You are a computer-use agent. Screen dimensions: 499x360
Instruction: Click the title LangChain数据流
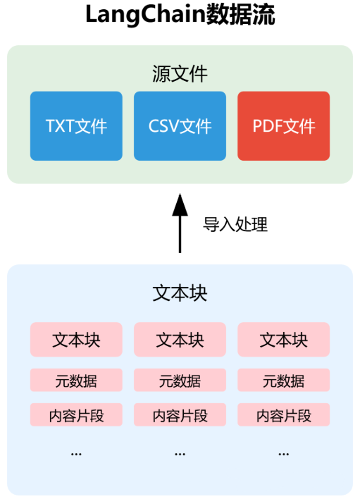180,16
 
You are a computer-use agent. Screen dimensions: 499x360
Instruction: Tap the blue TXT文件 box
76,126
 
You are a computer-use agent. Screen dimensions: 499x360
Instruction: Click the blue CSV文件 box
180,126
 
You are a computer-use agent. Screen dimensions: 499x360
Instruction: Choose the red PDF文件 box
283,126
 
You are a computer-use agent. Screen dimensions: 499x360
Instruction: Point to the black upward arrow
180,222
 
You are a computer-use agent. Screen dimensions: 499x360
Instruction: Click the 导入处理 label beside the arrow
235,225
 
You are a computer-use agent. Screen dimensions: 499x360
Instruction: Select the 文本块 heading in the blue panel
180,293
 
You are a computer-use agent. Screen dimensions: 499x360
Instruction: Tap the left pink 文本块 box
76,340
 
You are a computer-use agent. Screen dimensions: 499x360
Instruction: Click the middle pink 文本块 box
180,340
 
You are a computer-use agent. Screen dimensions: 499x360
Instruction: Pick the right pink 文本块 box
283,340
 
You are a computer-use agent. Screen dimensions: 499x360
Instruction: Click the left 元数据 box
76,381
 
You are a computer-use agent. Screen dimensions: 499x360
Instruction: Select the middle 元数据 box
180,381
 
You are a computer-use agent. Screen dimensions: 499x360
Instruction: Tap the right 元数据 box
283,381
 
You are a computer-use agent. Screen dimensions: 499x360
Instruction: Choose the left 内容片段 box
76,415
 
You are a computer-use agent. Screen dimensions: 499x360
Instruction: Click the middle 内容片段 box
180,415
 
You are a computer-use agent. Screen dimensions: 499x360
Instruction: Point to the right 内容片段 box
283,415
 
